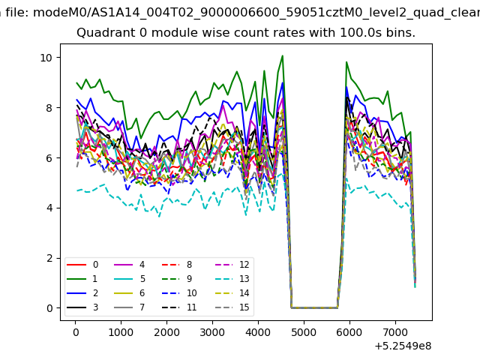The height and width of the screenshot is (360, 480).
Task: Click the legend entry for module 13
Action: pos(235,279)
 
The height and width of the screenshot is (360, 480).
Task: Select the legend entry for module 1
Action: pos(82,279)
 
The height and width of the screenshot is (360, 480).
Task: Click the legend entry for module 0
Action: pos(82,265)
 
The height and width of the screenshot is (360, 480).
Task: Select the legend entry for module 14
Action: pos(235,293)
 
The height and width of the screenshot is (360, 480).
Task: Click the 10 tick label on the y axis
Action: pos(46,58)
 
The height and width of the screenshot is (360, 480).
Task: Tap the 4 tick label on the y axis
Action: pos(49,208)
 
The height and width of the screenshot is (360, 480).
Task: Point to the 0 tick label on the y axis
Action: pos(49,308)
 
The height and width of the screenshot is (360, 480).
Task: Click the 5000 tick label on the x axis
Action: pos(304,332)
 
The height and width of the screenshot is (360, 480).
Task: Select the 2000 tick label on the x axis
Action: pos(166,332)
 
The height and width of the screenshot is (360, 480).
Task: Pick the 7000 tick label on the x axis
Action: pos(395,332)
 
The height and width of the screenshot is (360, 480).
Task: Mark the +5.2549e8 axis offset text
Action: pos(403,346)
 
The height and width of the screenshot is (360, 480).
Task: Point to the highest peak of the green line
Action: pos(283,55)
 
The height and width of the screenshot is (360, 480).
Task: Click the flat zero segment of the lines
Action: pos(314,308)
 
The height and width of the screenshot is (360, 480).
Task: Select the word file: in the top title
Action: pos(18,13)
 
